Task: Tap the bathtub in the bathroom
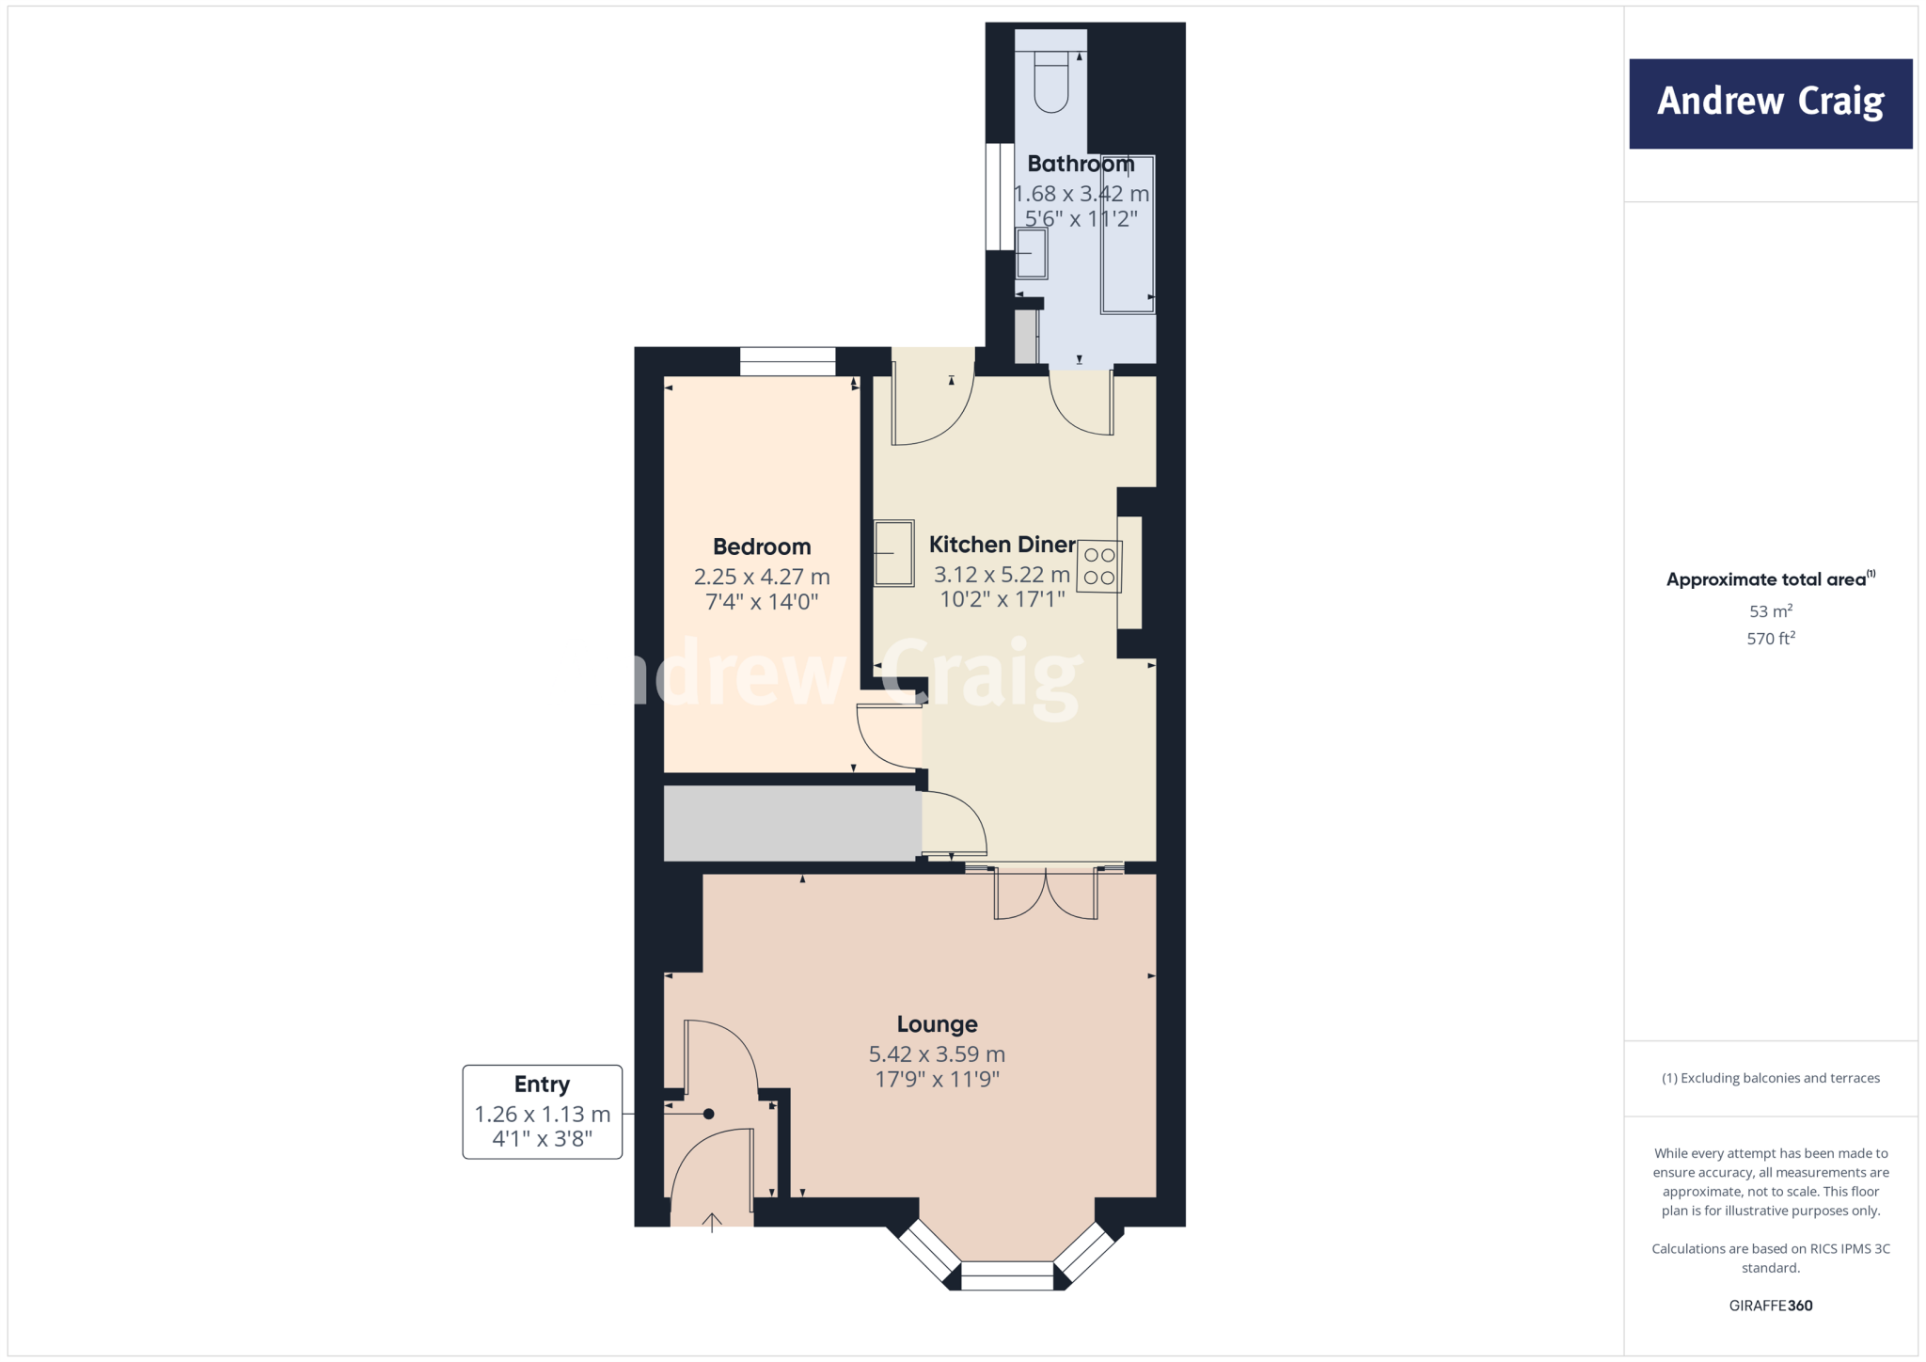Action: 1128,235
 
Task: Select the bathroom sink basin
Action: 1031,253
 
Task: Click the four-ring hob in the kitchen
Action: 1098,566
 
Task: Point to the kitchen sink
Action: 893,553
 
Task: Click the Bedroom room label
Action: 762,546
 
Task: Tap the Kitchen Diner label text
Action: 1002,545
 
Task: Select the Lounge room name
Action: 937,1024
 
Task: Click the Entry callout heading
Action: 542,1085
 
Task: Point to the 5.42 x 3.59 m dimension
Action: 937,1054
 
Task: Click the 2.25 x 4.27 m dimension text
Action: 762,577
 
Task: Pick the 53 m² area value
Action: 1770,611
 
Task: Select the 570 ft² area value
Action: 1770,639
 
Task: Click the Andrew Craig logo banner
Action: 1770,103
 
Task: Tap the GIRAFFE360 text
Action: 1770,1306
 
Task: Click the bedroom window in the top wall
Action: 787,361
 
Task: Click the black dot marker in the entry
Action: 709,1114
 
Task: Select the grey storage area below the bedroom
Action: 791,823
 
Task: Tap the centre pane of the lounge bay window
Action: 1006,1276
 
